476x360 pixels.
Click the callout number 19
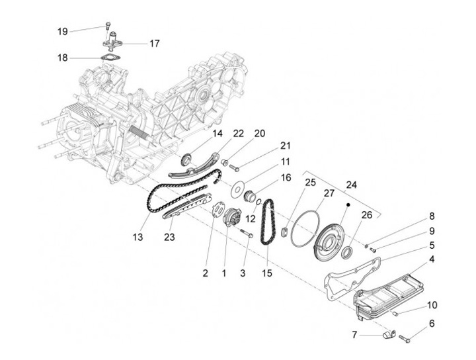coord(63,31)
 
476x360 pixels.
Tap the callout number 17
coord(154,44)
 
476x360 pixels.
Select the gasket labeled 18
coord(110,58)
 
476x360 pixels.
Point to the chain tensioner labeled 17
coord(112,40)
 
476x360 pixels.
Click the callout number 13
coord(138,237)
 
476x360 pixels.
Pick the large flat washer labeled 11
coord(238,189)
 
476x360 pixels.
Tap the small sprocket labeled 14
coord(186,159)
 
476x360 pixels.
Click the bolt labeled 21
coord(234,167)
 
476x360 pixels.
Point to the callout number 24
coord(351,185)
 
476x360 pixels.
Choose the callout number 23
coord(169,237)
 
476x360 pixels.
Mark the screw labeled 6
coord(405,339)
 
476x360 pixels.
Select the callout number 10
coord(432,304)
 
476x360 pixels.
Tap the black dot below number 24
coord(348,205)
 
